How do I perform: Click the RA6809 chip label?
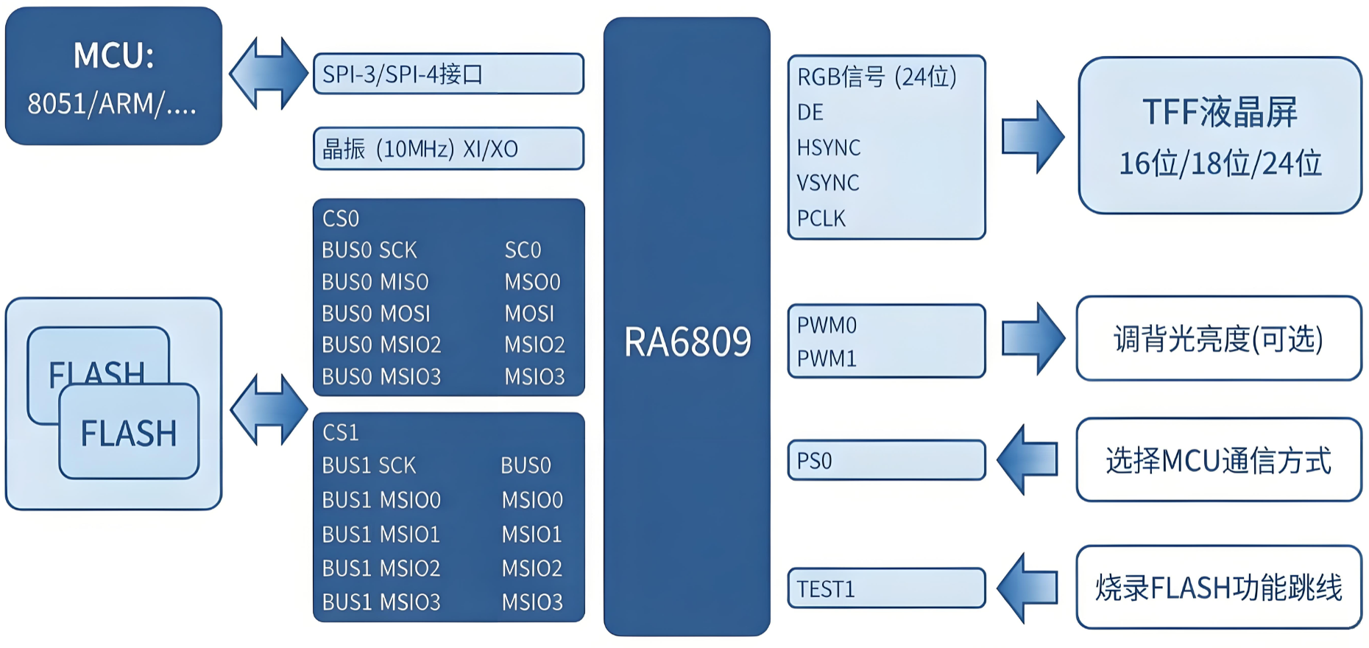tap(687, 342)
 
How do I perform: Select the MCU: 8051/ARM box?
tap(114, 76)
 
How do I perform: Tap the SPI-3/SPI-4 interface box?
tap(449, 74)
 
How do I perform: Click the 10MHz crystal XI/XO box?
tap(449, 149)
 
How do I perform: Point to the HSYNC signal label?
tap(829, 147)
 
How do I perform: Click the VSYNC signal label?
tap(828, 183)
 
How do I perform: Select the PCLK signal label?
tap(821, 218)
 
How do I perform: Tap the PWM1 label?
tap(827, 359)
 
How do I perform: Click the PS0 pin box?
tap(887, 460)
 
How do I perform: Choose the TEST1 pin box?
tap(887, 588)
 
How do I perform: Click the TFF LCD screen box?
tap(1220, 135)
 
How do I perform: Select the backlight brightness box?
tap(1219, 339)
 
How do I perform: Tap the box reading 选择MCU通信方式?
tap(1219, 460)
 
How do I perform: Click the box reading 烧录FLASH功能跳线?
tap(1219, 587)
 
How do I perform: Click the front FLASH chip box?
tap(129, 432)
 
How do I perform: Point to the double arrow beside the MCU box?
tap(269, 74)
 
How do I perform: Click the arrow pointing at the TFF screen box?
tap(1033, 137)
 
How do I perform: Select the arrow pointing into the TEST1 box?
tap(1027, 588)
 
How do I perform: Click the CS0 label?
tap(341, 219)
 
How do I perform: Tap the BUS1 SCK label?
tap(369, 465)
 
